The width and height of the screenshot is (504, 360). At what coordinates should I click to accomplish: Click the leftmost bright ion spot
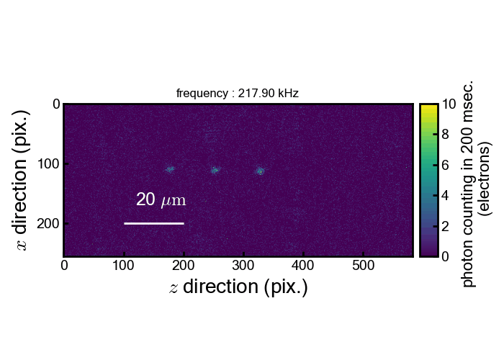[x=171, y=170]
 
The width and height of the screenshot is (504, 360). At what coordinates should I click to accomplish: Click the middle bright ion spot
[x=215, y=170]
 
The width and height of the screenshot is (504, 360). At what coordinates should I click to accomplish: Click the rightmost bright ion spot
[x=261, y=171]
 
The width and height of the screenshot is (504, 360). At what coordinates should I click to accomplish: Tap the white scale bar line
[x=154, y=223]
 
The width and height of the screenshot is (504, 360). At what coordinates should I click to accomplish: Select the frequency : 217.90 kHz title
[x=237, y=94]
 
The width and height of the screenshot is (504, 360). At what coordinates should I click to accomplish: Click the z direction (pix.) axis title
[x=238, y=287]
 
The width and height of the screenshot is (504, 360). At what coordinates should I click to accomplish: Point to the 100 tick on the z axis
[x=124, y=266]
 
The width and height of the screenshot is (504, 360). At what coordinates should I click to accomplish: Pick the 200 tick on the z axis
[x=184, y=266]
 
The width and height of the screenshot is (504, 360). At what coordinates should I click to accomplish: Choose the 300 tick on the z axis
[x=243, y=266]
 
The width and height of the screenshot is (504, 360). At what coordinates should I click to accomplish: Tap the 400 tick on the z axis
[x=303, y=266]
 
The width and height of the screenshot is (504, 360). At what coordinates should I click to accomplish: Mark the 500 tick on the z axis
[x=363, y=266]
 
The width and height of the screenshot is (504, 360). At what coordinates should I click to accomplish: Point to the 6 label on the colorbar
[x=446, y=165]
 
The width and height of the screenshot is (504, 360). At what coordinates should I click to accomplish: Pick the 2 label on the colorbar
[x=446, y=226]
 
